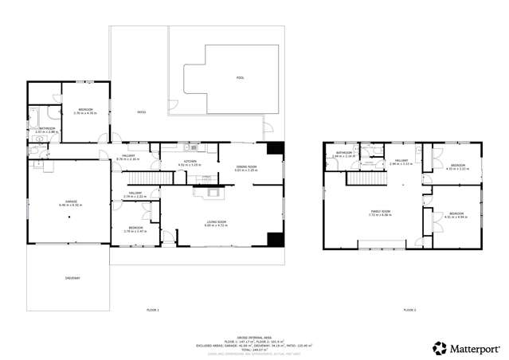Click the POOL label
pyautogui.click(x=241, y=78)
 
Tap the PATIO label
pyautogui.click(x=141, y=112)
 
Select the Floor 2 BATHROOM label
pyautogui.click(x=343, y=154)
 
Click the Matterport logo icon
pyautogui.click(x=438, y=347)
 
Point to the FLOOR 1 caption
pyautogui.click(x=153, y=309)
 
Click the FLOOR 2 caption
pyautogui.click(x=409, y=309)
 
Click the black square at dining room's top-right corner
pyautogui.click(x=275, y=148)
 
